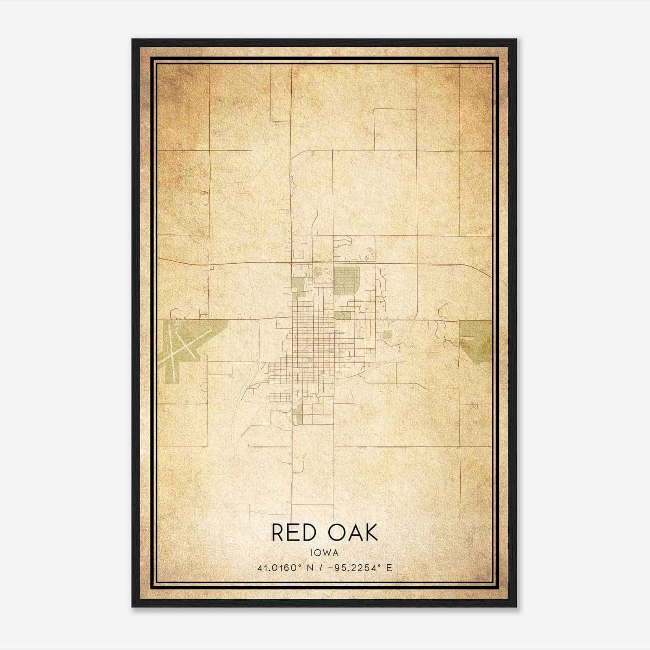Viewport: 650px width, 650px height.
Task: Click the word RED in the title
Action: pos(294,532)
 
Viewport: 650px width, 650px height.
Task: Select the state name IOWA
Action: pos(325,553)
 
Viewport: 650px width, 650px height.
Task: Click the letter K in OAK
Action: pos(371,532)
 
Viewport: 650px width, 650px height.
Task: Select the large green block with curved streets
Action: pos(347,280)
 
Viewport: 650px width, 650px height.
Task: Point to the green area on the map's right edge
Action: pos(475,339)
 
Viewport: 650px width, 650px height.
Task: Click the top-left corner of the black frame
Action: pos(132,39)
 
